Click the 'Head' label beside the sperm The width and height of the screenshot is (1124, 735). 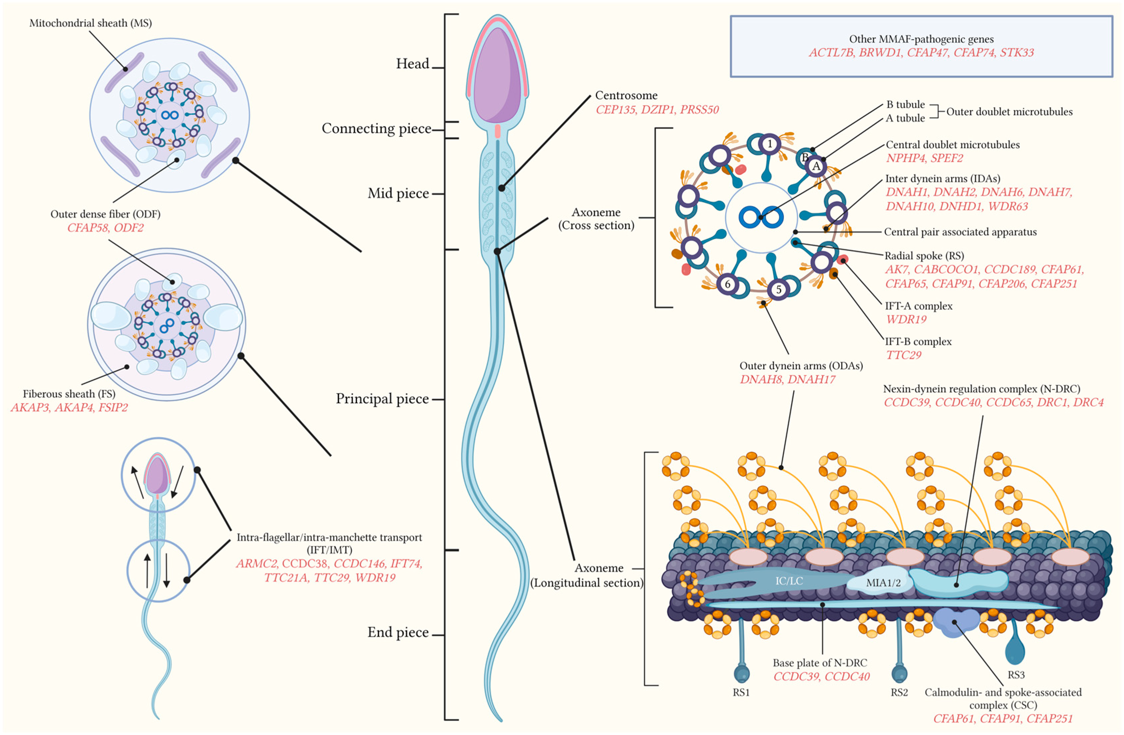pyautogui.click(x=412, y=64)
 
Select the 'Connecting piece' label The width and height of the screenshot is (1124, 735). pyautogui.click(x=376, y=128)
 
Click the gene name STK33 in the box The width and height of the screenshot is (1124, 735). pyautogui.click(x=1017, y=52)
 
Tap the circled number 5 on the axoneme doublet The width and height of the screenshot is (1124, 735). pyautogui.click(x=779, y=289)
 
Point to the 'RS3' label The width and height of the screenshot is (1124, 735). pyautogui.click(x=1016, y=675)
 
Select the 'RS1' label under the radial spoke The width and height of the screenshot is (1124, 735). pyautogui.click(x=741, y=693)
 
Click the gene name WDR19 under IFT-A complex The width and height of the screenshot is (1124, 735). pyautogui.click(x=906, y=320)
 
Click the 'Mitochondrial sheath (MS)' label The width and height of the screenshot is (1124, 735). pyautogui.click(x=91, y=23)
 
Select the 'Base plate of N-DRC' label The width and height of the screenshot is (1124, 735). pyautogui.click(x=820, y=663)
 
